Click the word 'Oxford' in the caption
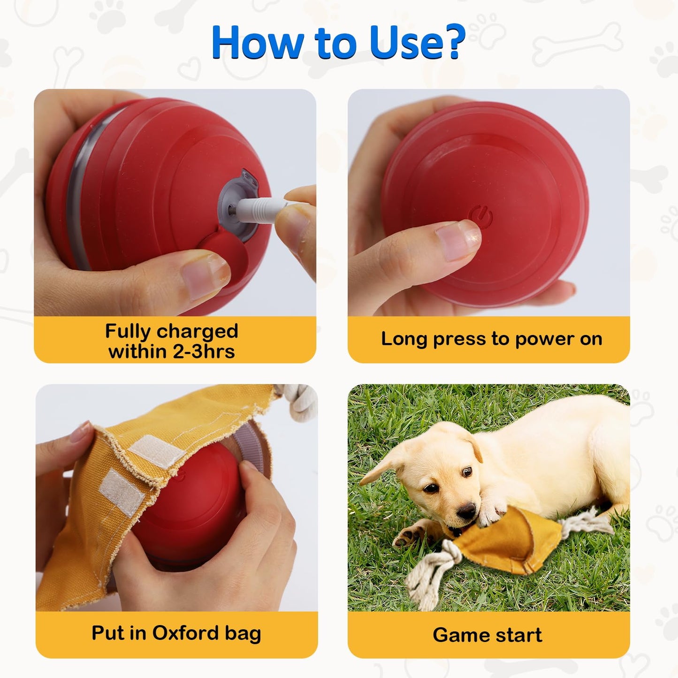click(x=186, y=633)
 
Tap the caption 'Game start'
click(x=488, y=635)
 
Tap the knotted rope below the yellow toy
click(x=425, y=570)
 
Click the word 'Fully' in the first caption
click(x=128, y=331)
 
